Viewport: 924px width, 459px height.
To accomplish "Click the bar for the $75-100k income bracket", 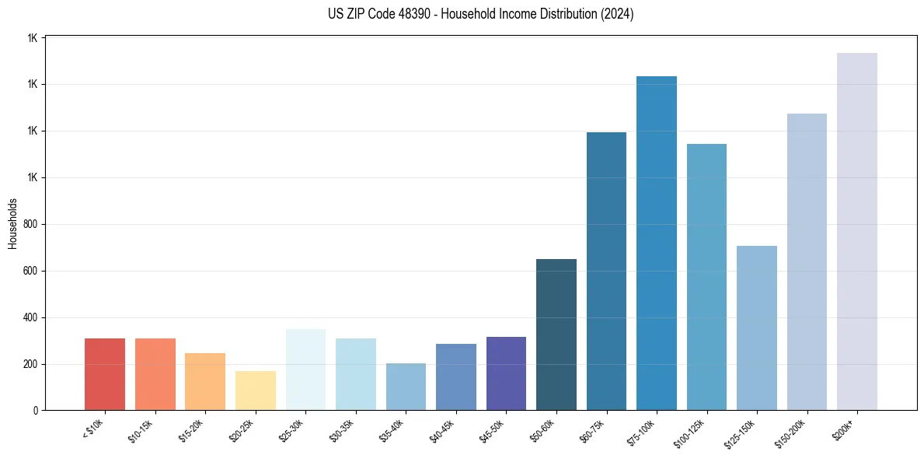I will click(656, 243).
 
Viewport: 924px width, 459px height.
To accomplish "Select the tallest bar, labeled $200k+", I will click(856, 231).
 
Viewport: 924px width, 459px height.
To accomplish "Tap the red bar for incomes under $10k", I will click(105, 374).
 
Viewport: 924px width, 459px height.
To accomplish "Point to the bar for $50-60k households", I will click(556, 335).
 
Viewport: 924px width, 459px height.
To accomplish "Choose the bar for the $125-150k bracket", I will click(756, 328).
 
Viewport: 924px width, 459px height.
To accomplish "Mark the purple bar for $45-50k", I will click(506, 373).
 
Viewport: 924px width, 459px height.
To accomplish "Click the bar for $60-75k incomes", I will click(606, 271).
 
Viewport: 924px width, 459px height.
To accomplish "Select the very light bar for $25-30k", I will click(305, 370).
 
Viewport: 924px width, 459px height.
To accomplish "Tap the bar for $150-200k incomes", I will click(807, 261).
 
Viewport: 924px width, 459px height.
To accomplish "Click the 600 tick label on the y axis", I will click(31, 271).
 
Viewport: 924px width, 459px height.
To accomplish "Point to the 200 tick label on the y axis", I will click(31, 364).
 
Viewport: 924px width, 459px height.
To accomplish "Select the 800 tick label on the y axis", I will click(31, 224).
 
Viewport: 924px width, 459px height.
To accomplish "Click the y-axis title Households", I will click(12, 223).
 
